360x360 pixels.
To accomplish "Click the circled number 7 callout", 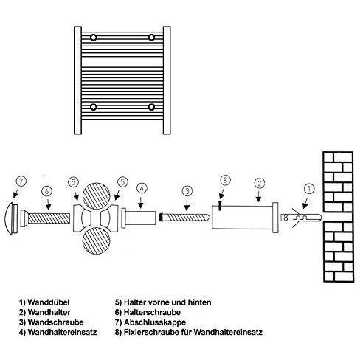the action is tap(21, 181).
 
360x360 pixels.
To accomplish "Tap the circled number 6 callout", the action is tap(46, 192).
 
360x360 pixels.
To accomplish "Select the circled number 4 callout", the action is tap(142, 189).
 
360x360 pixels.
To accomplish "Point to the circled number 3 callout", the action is tap(187, 191).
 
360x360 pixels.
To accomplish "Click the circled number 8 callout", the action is tap(225, 180).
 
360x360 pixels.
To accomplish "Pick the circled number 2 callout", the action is tap(260, 183).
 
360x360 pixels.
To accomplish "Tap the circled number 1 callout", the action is tap(310, 189).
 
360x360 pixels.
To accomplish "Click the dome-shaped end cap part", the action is tap(11, 218).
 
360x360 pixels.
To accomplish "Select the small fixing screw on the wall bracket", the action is tap(220, 206).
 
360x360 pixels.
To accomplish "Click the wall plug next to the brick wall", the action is tap(301, 218).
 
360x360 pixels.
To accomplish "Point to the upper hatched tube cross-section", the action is tap(96, 196).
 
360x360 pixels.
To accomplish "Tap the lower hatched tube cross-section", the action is tap(96, 240).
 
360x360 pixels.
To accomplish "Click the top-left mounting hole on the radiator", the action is tap(93, 38).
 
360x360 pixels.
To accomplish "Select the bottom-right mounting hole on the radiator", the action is tap(151, 107).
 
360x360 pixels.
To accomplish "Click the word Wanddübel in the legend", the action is tap(49, 302).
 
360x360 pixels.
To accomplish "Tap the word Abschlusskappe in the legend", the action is tap(155, 322).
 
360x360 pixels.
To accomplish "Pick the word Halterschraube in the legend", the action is tap(152, 312).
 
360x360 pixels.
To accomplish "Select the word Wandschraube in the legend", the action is tap(55, 322).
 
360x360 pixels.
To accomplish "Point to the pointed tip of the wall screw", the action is tap(210, 216).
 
